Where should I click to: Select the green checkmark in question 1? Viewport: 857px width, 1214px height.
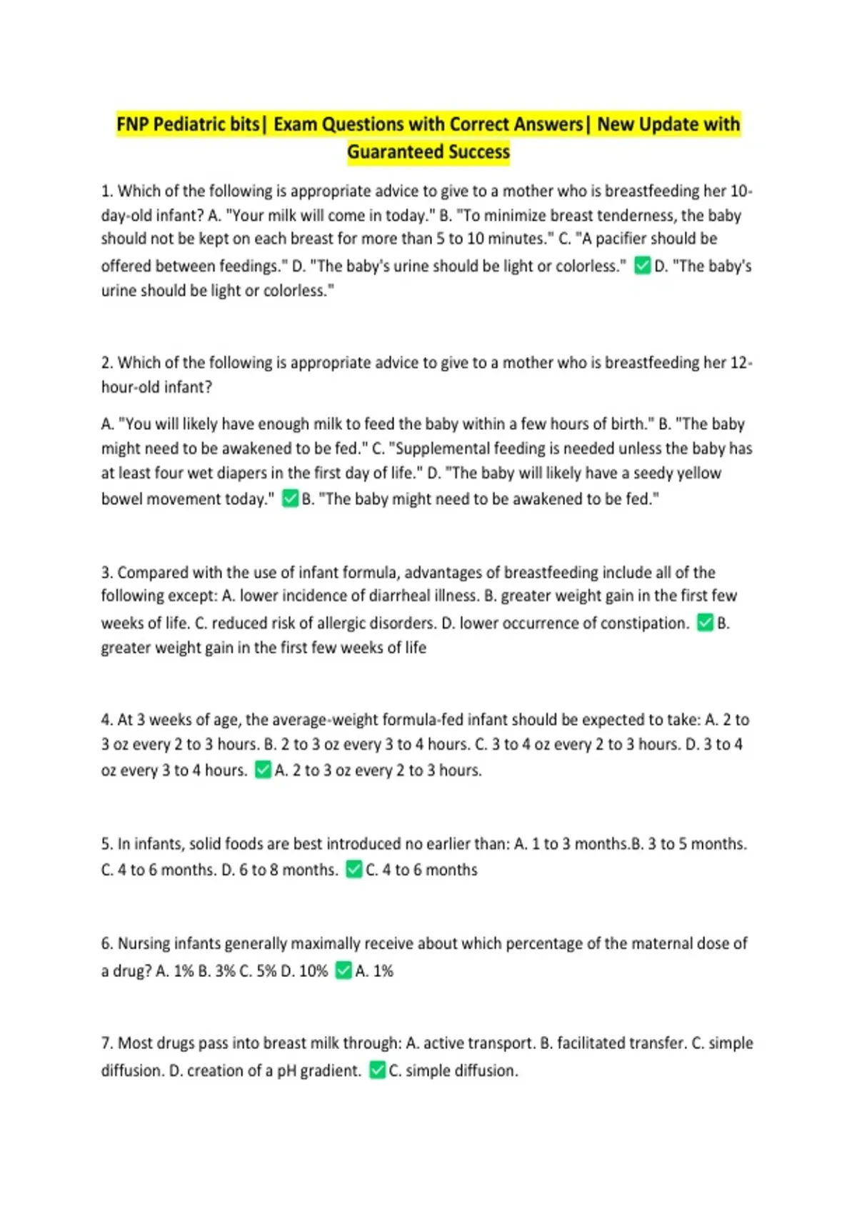642,266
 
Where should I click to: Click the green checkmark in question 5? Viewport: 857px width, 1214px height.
354,869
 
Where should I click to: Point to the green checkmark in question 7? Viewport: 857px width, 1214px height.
377,1070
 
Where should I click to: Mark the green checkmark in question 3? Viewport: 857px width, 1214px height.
705,623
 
